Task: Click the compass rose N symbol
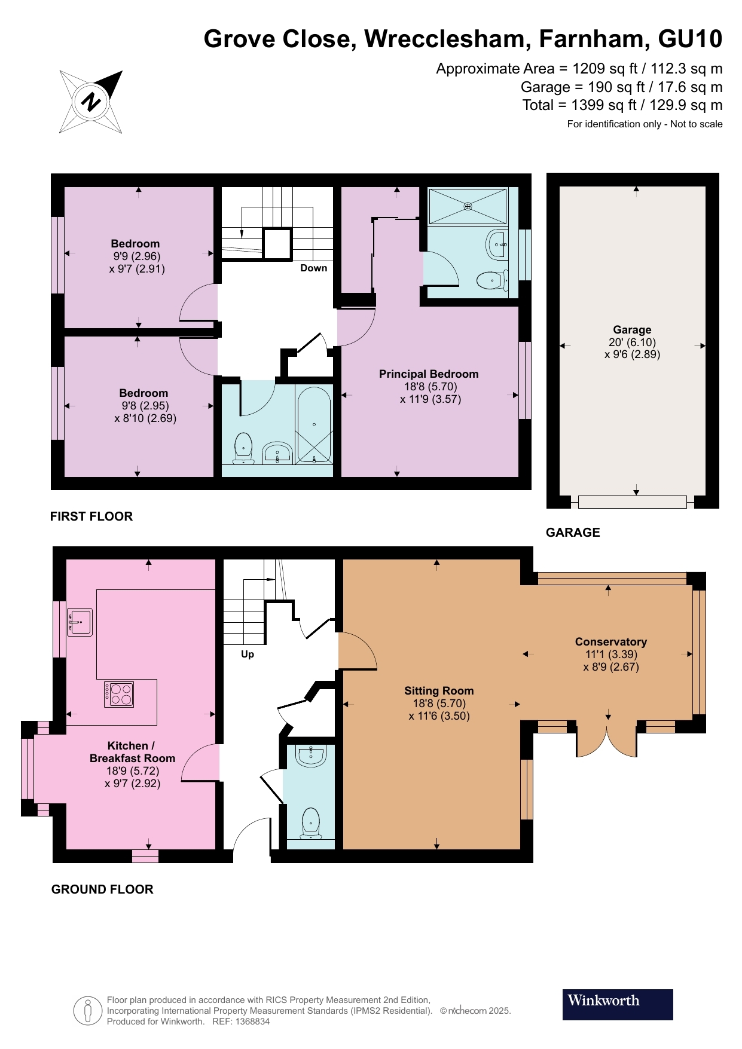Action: (91, 102)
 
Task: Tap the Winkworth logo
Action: (618, 1004)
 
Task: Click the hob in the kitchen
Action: (119, 695)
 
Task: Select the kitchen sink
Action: (80, 622)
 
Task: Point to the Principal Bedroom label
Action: (429, 374)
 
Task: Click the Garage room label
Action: (632, 330)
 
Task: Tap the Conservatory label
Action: (611, 642)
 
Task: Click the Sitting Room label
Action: (439, 691)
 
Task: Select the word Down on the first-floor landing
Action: (314, 268)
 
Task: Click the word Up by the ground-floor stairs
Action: (248, 655)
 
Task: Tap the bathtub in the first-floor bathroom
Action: (314, 425)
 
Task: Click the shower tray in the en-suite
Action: (468, 206)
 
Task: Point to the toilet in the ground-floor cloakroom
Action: (311, 823)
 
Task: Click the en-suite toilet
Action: (493, 279)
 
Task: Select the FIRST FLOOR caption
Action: (91, 516)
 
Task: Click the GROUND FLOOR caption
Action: (102, 889)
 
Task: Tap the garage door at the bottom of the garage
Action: (633, 502)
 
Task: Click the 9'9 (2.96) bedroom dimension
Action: (137, 256)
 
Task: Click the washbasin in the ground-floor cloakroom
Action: (312, 756)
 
